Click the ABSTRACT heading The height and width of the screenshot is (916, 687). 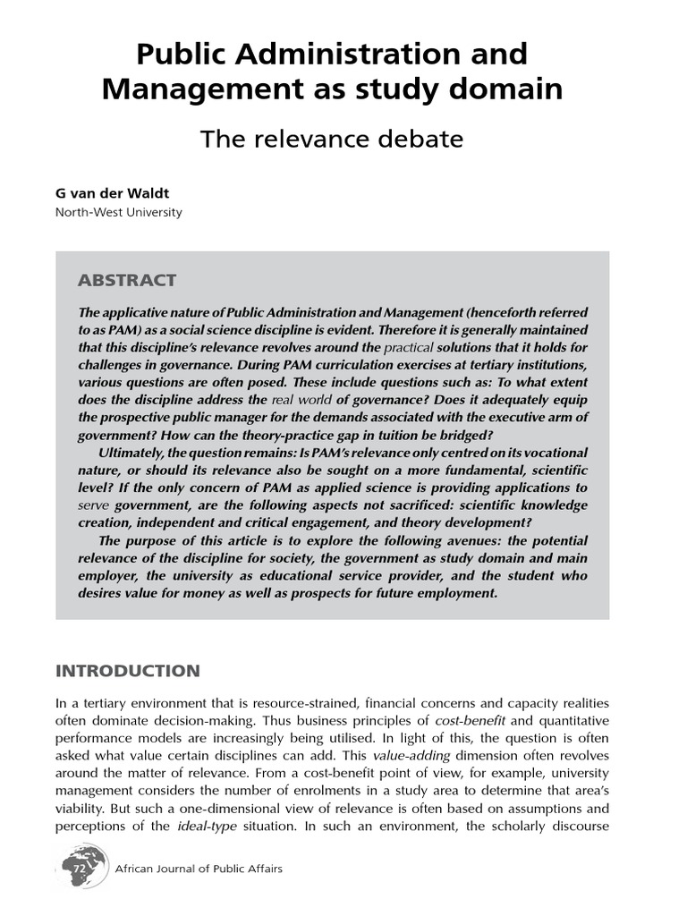click(x=127, y=280)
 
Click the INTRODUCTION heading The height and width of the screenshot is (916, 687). click(x=128, y=671)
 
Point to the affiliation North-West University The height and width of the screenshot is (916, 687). click(x=118, y=213)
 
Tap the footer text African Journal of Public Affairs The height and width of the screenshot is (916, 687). click(x=199, y=869)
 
